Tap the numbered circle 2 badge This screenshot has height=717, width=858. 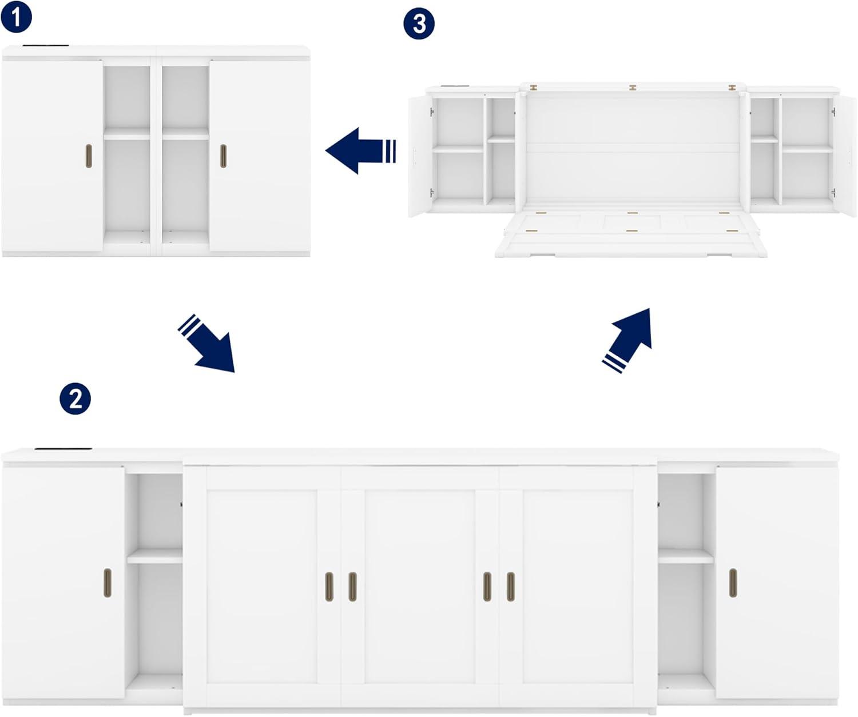pos(75,398)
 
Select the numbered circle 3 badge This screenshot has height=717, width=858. pos(419,24)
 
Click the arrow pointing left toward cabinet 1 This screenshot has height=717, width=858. pos(360,151)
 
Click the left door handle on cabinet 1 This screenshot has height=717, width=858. pos(89,156)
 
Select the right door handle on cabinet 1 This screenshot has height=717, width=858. pos(223,156)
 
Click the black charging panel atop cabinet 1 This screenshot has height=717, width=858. pos(46,45)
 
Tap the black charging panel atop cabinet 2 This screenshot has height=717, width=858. pos(63,449)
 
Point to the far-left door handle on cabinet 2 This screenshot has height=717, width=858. pos(108,583)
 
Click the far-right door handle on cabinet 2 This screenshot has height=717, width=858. pos(733,583)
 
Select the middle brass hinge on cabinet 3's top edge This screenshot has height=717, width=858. pos(633,87)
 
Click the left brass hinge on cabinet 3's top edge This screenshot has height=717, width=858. pos(534,87)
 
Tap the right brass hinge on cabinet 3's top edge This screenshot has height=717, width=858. pos(732,87)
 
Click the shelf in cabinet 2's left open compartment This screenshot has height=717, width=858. pos(154,556)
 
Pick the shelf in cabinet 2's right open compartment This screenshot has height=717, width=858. pos(686,556)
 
